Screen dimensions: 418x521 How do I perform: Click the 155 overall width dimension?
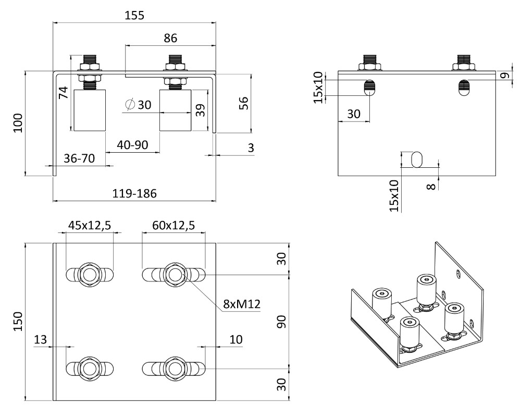point(134,16)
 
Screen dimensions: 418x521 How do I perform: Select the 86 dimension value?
point(170,38)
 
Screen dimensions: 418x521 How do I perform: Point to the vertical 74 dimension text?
point(63,93)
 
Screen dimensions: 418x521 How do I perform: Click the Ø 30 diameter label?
point(138,105)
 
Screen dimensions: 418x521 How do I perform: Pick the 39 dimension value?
point(200,110)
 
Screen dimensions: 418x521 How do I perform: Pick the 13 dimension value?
point(40,340)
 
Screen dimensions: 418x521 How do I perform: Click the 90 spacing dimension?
point(282,322)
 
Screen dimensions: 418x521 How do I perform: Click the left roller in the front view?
point(89,110)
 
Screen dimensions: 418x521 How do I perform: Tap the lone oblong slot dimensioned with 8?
point(418,159)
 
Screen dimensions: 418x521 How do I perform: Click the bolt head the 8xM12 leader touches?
point(174,273)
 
